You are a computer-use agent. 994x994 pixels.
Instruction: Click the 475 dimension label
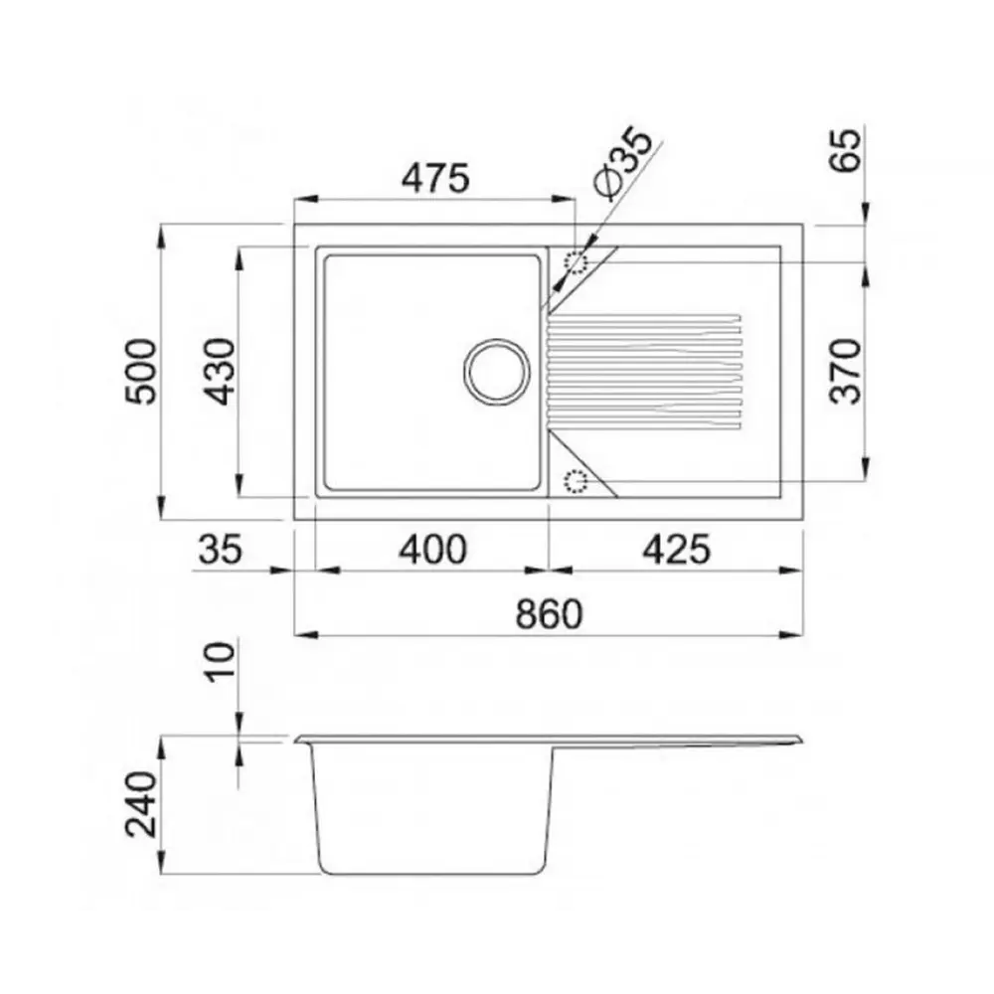point(435,178)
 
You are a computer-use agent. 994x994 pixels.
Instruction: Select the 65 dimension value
point(846,150)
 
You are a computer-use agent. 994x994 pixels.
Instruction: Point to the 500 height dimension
point(141,372)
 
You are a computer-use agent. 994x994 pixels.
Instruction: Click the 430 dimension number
point(220,372)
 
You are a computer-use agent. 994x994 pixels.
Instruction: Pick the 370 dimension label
point(846,372)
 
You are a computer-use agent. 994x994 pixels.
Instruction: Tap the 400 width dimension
point(433,550)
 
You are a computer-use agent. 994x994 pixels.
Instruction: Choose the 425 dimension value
point(677,550)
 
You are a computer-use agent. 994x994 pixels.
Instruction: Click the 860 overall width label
point(549,614)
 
